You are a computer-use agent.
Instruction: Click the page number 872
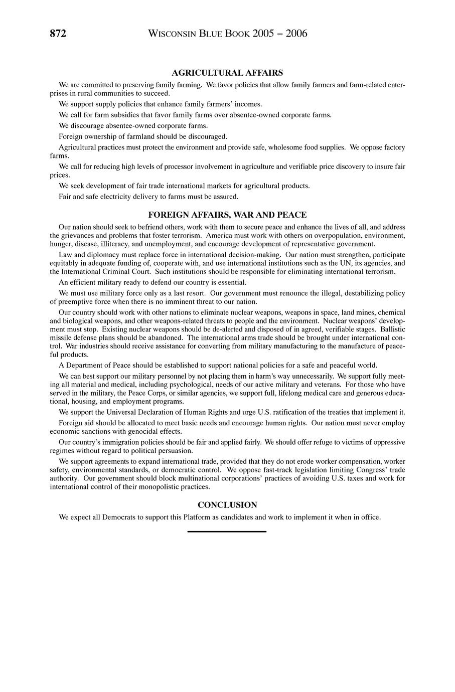[58, 34]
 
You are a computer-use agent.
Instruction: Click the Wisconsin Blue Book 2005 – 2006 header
[228, 34]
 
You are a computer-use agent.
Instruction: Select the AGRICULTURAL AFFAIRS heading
[227, 73]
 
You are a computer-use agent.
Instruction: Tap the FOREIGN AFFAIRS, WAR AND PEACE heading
[227, 215]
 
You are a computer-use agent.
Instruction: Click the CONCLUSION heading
[227, 505]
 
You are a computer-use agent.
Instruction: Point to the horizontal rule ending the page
[227, 531]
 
